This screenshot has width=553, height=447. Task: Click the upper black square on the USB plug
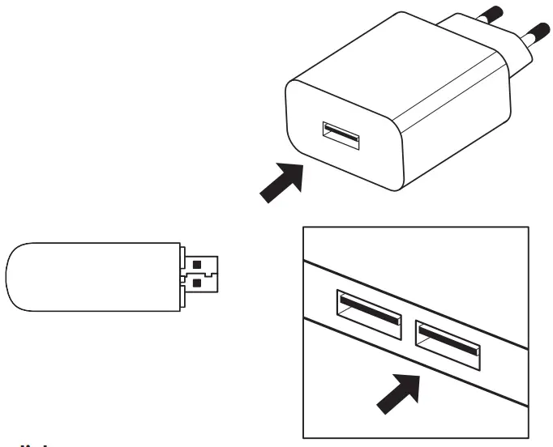coord(199,263)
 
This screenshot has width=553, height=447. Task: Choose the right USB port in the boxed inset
coord(448,340)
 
